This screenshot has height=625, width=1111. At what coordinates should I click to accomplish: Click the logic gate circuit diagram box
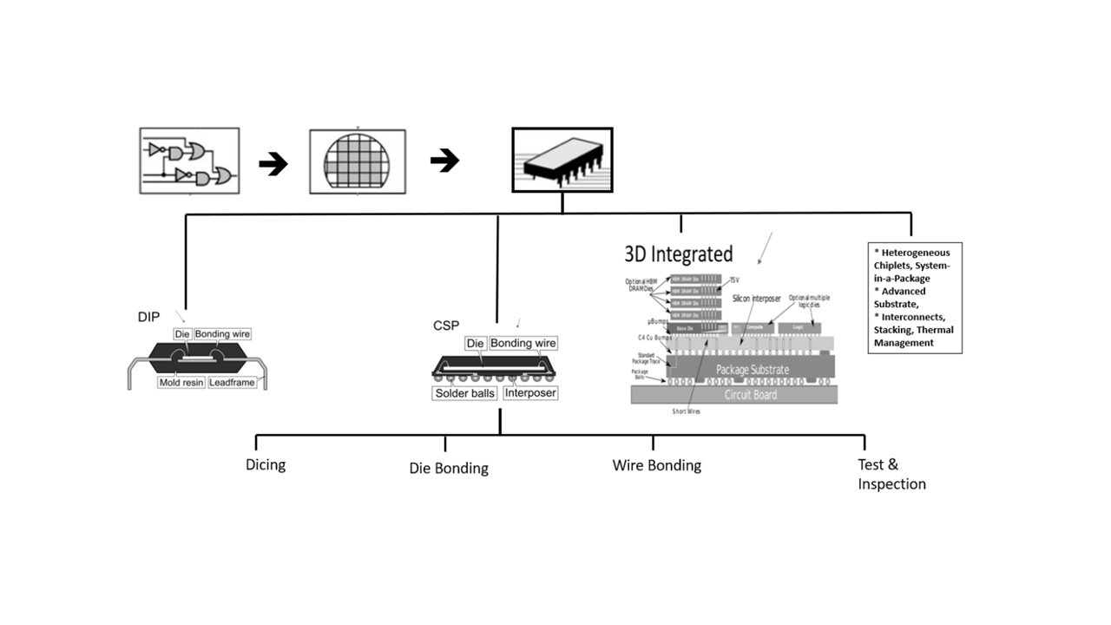pyautogui.click(x=189, y=161)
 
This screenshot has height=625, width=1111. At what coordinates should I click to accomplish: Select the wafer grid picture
pyautogui.click(x=357, y=161)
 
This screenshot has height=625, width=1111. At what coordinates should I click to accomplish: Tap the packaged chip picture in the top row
pyautogui.click(x=562, y=160)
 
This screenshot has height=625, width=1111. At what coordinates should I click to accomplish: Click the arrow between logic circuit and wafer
pyautogui.click(x=273, y=163)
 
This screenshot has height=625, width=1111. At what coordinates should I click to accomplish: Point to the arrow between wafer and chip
pyautogui.click(x=444, y=160)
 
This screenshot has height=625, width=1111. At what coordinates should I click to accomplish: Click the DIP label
pyautogui.click(x=148, y=318)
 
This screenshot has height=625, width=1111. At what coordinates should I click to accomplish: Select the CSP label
pyautogui.click(x=445, y=326)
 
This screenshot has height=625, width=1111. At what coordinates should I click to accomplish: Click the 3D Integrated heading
pyautogui.click(x=679, y=254)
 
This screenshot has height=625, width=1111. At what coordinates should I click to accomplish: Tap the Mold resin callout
pyautogui.click(x=181, y=382)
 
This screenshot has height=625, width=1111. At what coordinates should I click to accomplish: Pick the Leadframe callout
pyautogui.click(x=233, y=382)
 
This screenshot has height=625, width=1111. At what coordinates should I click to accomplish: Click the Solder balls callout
pyautogui.click(x=465, y=393)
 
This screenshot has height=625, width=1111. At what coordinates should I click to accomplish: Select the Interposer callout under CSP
pyautogui.click(x=529, y=393)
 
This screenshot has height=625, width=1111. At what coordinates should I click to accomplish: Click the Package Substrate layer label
pyautogui.click(x=753, y=370)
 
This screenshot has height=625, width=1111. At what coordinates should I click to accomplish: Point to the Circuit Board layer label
pyautogui.click(x=752, y=395)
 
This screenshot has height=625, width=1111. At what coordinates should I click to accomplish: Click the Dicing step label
pyautogui.click(x=266, y=464)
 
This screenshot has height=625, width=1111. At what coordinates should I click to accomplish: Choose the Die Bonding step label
pyautogui.click(x=449, y=468)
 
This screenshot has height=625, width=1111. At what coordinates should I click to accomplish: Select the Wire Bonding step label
pyautogui.click(x=656, y=465)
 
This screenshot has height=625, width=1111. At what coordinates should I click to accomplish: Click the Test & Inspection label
pyautogui.click(x=891, y=475)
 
